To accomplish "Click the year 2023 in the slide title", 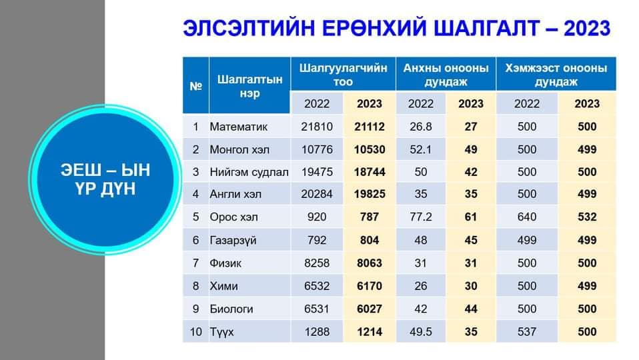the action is click(x=587, y=29).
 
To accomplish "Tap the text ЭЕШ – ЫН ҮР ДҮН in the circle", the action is click(x=105, y=179).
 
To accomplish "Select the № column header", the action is click(x=195, y=87).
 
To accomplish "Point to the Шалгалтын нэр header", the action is click(x=249, y=86).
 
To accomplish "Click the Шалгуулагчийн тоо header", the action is click(x=343, y=75).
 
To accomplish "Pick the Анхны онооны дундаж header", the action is click(x=446, y=75).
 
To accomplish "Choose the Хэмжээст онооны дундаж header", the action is click(x=556, y=75).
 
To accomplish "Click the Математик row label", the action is click(x=238, y=127).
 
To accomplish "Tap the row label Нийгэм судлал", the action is click(x=249, y=172).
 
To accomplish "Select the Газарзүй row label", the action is click(x=233, y=240).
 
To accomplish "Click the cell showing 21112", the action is click(x=370, y=127).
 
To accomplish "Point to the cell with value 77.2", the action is click(x=421, y=217).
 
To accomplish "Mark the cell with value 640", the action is click(x=526, y=217).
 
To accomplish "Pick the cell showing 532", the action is click(x=587, y=217).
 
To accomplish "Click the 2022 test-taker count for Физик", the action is click(x=317, y=263).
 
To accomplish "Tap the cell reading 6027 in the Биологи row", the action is click(x=370, y=309).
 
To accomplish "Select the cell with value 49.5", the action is click(x=421, y=332).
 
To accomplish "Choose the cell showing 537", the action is click(x=526, y=332).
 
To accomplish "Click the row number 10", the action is click(x=195, y=332).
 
